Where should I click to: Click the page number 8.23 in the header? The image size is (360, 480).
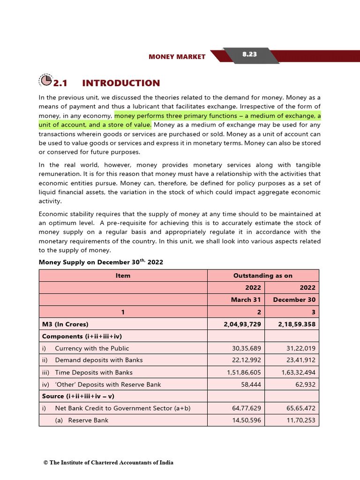coord(249,54)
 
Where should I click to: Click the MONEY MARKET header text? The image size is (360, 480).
coord(177,57)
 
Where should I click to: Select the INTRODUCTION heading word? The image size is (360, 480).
coord(121,83)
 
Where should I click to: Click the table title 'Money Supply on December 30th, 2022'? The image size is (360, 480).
coord(101,262)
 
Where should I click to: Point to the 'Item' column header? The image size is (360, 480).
coord(123,276)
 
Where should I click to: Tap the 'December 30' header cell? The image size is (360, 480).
coord(294,300)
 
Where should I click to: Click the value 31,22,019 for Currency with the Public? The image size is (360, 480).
coord(300,348)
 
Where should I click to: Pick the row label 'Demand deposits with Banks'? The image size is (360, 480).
coord(98,360)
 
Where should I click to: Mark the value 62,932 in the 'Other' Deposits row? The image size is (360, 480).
coord(305,384)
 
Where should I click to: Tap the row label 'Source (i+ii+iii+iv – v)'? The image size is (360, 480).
coord(82,396)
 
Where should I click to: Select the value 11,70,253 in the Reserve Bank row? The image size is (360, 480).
coord(300,420)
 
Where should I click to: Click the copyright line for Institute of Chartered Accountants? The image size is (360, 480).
coord(108,463)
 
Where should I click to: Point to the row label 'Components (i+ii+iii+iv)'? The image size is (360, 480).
coord(82,336)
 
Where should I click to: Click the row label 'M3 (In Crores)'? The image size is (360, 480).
coord(65,324)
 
